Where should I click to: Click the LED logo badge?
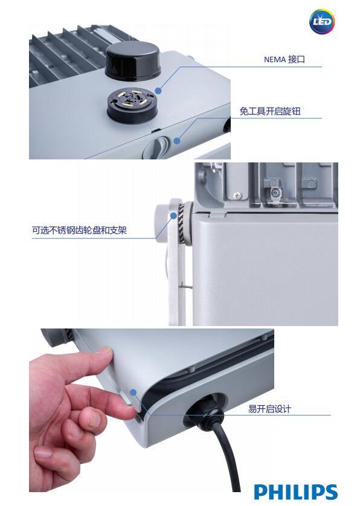[x=322, y=22]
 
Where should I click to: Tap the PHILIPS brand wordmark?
[x=296, y=492]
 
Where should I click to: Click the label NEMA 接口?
[x=284, y=59]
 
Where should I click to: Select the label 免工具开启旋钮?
[x=270, y=111]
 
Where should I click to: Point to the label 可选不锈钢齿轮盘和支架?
[x=79, y=230]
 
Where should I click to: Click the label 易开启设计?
[x=269, y=409]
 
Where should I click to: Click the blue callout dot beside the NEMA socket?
[x=158, y=91]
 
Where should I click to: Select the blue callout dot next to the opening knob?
[x=176, y=141]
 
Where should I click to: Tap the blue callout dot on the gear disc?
[x=174, y=216]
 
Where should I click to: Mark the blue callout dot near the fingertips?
[x=133, y=392]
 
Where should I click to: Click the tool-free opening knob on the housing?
[x=159, y=146]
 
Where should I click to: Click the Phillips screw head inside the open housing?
[x=238, y=195]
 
